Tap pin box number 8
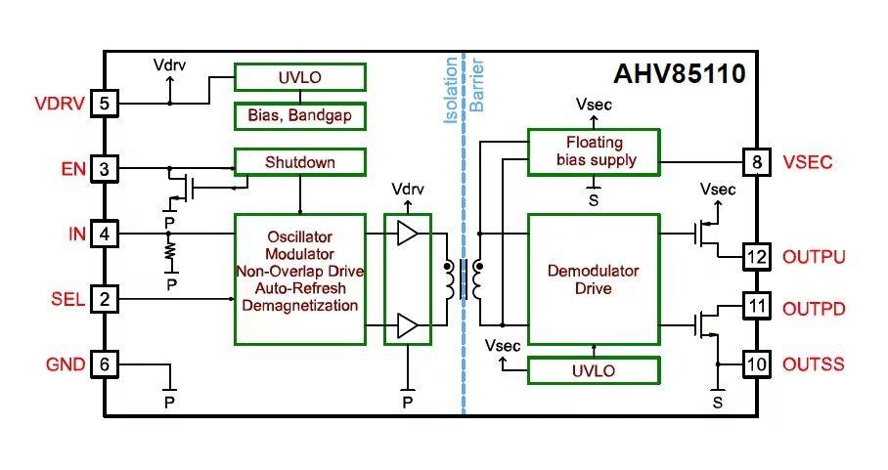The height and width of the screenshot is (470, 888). tap(756, 161)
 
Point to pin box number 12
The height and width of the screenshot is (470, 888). tap(756, 257)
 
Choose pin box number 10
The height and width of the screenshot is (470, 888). tap(756, 364)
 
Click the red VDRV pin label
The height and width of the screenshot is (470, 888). tap(59, 104)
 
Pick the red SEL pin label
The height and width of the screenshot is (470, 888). tap(67, 299)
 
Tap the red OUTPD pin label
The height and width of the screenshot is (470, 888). tap(814, 309)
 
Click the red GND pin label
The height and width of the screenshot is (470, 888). tap(64, 364)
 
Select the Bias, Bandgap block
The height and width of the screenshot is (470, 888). tap(299, 116)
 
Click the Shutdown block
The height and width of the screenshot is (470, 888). tap(299, 161)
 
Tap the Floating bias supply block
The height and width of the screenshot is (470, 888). tap(594, 151)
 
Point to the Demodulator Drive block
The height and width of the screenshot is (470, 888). tap(594, 278)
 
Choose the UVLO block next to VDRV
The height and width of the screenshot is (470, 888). tap(299, 76)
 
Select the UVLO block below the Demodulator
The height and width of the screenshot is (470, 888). tap(594, 370)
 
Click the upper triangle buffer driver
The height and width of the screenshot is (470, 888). tap(406, 234)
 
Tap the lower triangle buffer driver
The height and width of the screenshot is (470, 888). tap(406, 325)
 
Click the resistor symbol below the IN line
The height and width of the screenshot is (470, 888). tap(169, 253)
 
